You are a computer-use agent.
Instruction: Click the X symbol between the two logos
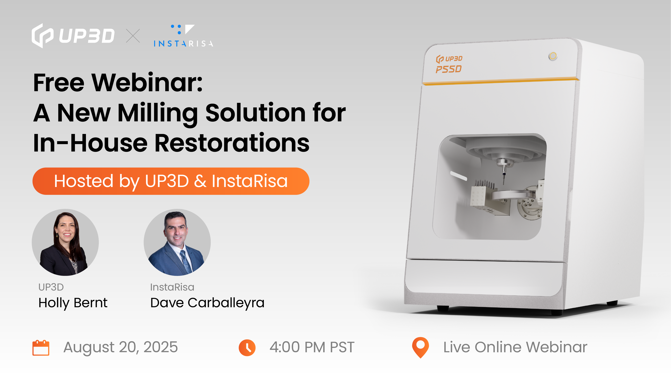pyautogui.click(x=133, y=36)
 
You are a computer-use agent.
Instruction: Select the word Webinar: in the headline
pyautogui.click(x=147, y=83)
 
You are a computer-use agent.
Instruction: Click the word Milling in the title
pyautogui.click(x=158, y=113)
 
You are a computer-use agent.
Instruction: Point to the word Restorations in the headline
pyautogui.click(x=232, y=143)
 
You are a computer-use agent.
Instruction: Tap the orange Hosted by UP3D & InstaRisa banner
pyautogui.click(x=171, y=181)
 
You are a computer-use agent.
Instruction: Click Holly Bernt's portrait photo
pyautogui.click(x=65, y=242)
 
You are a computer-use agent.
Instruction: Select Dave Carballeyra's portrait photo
pyautogui.click(x=177, y=242)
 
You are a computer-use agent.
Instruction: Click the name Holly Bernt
pyautogui.click(x=73, y=303)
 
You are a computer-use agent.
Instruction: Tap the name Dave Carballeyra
pyautogui.click(x=207, y=303)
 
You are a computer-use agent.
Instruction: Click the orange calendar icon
pyautogui.click(x=41, y=348)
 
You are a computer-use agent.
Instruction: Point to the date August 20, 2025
pyautogui.click(x=121, y=347)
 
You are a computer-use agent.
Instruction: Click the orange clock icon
pyautogui.click(x=247, y=348)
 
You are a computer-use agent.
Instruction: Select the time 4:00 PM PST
pyautogui.click(x=312, y=347)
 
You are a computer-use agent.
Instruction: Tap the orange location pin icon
pyautogui.click(x=420, y=347)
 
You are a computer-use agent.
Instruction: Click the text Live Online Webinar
pyautogui.click(x=515, y=347)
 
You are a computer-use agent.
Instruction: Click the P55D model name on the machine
pyautogui.click(x=449, y=69)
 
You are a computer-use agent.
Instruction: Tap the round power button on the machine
pyautogui.click(x=553, y=56)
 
